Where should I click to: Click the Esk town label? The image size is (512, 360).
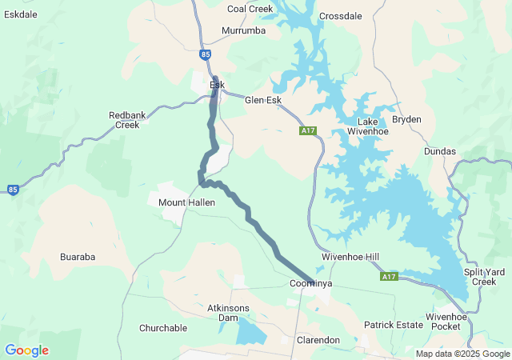[x=217, y=85]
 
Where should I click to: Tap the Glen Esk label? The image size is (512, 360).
[x=263, y=100]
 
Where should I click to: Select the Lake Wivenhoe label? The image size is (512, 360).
[x=373, y=126]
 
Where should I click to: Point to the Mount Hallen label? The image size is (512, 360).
[x=184, y=203]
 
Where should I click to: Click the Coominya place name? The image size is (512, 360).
[x=310, y=284]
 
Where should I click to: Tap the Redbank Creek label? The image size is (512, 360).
[x=127, y=120]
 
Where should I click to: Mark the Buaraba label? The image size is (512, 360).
[x=78, y=257]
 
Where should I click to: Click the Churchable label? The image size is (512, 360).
[x=163, y=328]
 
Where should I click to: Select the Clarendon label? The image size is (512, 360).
[x=318, y=340]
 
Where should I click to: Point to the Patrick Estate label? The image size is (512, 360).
[x=393, y=326]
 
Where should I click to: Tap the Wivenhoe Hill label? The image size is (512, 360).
[x=350, y=257]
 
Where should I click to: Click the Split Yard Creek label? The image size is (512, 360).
[x=484, y=277]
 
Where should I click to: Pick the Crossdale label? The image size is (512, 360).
[x=340, y=16]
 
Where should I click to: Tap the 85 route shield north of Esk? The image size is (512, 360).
[x=206, y=54]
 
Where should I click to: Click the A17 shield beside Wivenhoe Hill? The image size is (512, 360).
[x=389, y=277]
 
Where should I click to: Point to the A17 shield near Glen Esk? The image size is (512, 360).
[x=309, y=130]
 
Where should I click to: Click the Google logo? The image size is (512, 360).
[x=26, y=350]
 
